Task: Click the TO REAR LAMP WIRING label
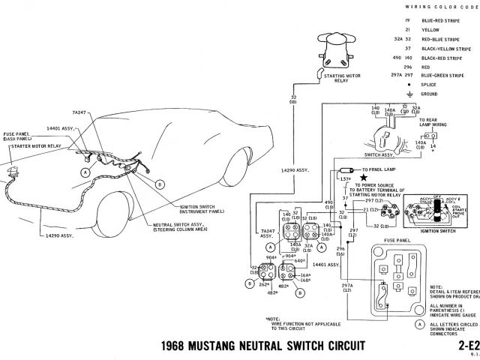click(433, 124)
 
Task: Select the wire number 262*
click(265, 284)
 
